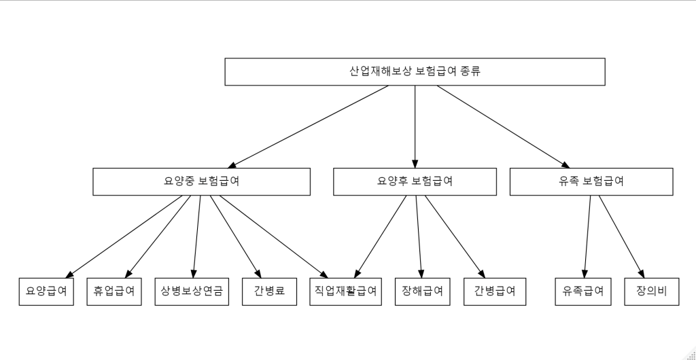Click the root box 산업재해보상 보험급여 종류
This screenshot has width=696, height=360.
(x=415, y=71)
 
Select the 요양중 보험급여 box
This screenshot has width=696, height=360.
(x=201, y=181)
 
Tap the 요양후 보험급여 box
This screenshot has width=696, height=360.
(x=415, y=181)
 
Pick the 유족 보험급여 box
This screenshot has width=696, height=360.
(x=591, y=181)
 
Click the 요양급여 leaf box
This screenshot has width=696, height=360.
(x=46, y=291)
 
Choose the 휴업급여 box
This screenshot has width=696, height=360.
(x=114, y=291)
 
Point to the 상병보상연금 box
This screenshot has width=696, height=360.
(x=192, y=291)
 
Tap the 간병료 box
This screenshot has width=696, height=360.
(x=269, y=291)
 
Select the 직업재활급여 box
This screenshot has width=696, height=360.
(x=345, y=291)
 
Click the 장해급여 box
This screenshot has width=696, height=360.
(x=422, y=291)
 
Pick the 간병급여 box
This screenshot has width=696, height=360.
(x=495, y=291)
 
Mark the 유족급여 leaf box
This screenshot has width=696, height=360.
(x=582, y=291)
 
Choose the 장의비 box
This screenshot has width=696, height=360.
(x=652, y=291)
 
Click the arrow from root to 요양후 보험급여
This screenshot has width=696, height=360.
(x=415, y=126)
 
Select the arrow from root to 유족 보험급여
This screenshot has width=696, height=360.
(x=504, y=126)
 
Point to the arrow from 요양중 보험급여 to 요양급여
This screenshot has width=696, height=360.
(x=124, y=236)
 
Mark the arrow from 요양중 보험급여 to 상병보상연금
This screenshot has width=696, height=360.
(x=196, y=236)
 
